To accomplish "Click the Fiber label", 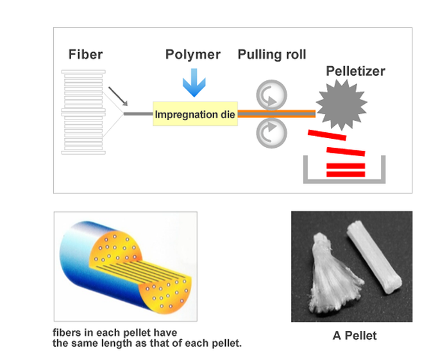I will pos(85,55).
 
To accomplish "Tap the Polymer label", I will pos(193,54).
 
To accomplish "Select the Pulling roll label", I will pos(272,54).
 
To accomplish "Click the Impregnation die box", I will pos(195,114).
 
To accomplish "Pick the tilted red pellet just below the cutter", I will pos(327,135).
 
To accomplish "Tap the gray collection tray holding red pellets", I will pos(346,178).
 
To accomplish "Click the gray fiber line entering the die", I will pos(138,114).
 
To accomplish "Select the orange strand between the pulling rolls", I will pos(276,114).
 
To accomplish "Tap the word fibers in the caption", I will pos(67,333).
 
